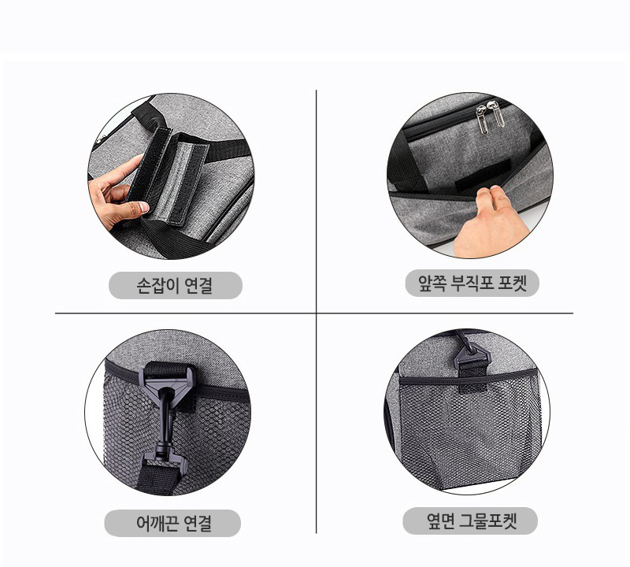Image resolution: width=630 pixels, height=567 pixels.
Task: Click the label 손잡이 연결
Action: pyautogui.click(x=175, y=285)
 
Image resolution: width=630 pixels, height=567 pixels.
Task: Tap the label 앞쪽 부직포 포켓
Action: pyautogui.click(x=472, y=283)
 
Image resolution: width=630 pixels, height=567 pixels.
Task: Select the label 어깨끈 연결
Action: pyautogui.click(x=173, y=523)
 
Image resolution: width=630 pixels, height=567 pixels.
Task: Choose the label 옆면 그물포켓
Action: pyautogui.click(x=471, y=521)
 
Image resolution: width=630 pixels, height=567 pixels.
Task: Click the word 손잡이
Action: pyautogui.click(x=156, y=285)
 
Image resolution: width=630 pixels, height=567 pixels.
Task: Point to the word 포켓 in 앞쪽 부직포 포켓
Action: pyautogui.click(x=512, y=283)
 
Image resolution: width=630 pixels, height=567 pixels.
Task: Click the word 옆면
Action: pyautogui.click(x=440, y=521)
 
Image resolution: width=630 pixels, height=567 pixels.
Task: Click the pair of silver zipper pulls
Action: pyautogui.click(x=490, y=115)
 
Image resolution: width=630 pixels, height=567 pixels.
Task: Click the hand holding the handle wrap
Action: pyautogui.click(x=117, y=193)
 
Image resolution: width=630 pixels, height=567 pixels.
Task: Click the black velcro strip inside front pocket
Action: pyautogui.click(x=483, y=175)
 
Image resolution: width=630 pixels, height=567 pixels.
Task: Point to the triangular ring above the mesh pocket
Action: pyautogui.click(x=472, y=357)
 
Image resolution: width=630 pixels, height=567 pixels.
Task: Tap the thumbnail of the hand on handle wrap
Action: pyautogui.click(x=144, y=207)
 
